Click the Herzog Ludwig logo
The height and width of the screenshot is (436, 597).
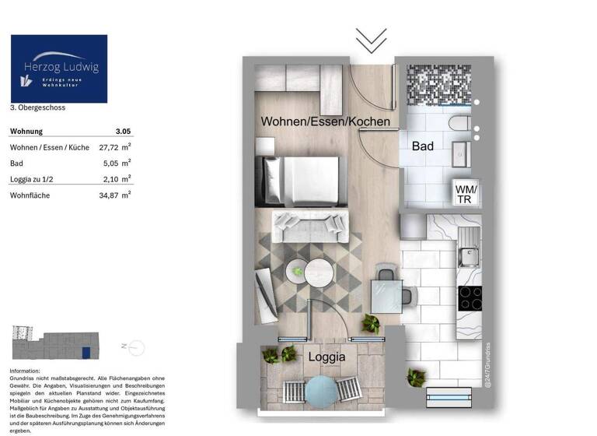(x=59, y=69)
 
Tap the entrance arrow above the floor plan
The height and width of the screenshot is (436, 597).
(x=371, y=40)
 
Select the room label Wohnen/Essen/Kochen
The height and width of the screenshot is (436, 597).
(x=325, y=122)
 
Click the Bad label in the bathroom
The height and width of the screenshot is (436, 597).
(x=423, y=146)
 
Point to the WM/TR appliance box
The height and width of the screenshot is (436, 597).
(x=466, y=194)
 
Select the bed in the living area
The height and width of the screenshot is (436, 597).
(x=302, y=181)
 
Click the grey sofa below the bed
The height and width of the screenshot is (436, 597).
(x=308, y=227)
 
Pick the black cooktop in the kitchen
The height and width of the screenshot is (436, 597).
(x=470, y=297)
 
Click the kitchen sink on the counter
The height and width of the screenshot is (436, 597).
(x=469, y=254)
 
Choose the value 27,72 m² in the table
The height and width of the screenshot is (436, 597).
(x=114, y=147)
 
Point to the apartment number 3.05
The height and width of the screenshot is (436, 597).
(x=123, y=132)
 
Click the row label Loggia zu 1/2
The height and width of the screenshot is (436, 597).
(x=31, y=179)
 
